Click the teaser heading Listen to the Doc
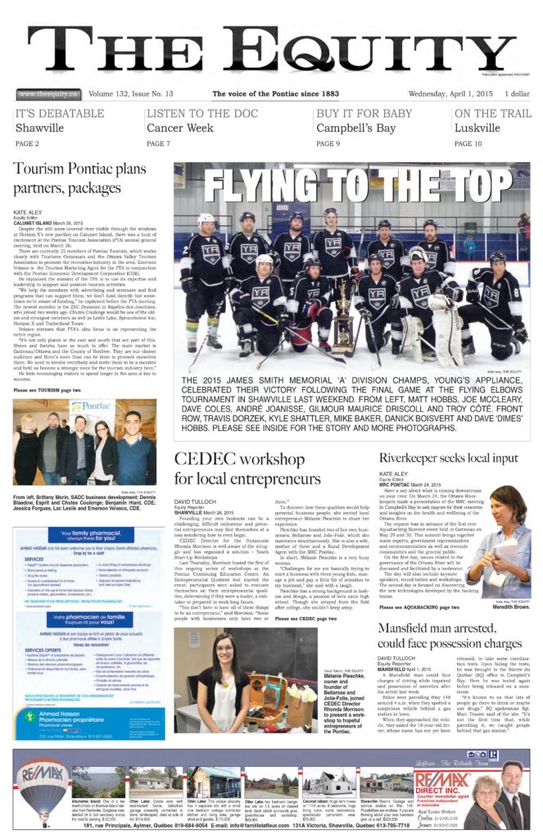coord(194,114)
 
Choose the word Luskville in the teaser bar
coord(479,129)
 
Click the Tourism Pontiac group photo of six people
coord(85,442)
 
